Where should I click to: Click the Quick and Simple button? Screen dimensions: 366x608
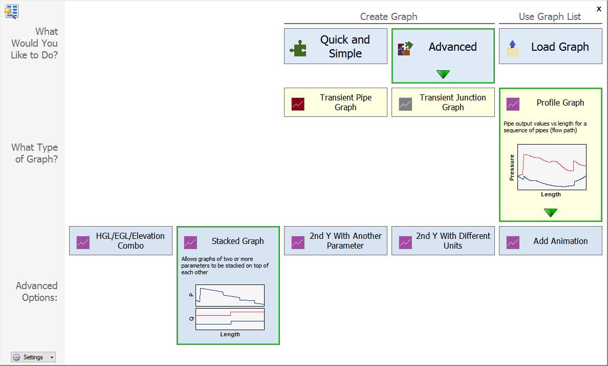(335, 46)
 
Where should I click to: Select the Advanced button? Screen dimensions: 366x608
(443, 47)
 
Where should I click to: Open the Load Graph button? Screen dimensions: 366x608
(550, 47)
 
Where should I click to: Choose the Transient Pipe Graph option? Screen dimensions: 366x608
(335, 103)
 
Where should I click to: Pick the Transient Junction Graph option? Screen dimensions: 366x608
(443, 103)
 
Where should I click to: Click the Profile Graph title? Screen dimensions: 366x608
(560, 103)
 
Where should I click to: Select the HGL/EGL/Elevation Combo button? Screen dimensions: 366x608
(120, 241)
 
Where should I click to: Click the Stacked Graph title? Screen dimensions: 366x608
(237, 241)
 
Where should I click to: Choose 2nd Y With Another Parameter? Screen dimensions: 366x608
(335, 241)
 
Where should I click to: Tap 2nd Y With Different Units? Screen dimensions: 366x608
(443, 241)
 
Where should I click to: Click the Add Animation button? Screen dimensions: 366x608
(550, 241)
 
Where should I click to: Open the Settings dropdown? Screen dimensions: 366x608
(33, 357)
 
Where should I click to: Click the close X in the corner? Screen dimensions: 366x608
(599, 9)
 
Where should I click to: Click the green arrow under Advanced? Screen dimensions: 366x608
(443, 74)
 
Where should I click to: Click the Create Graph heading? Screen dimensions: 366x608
(388, 17)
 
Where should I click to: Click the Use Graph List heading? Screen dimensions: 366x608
(550, 17)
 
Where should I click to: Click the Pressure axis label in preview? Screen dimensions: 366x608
(512, 167)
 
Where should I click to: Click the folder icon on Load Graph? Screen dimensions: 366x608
(513, 49)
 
